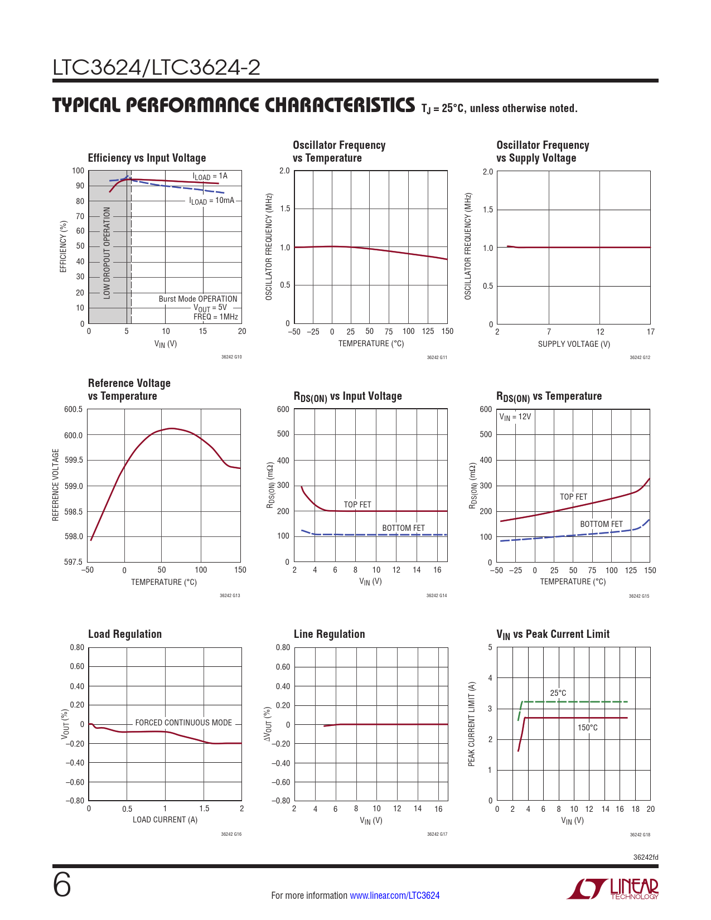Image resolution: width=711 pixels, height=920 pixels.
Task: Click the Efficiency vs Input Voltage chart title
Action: tap(147, 158)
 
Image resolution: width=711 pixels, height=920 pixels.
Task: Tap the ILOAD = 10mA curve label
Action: tap(212, 201)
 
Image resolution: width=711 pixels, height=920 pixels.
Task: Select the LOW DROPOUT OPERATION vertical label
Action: tap(107, 253)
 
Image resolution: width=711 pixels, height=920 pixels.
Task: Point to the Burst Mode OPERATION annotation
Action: tap(198, 299)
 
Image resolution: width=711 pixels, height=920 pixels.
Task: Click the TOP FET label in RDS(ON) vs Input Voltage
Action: tap(357, 505)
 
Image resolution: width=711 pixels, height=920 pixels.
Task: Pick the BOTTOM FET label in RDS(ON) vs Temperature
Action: tap(601, 524)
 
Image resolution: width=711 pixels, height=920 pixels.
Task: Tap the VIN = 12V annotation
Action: tap(515, 417)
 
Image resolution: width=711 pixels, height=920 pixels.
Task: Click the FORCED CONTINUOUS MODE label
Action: tap(183, 723)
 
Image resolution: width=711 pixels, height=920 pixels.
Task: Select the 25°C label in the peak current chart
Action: tap(558, 693)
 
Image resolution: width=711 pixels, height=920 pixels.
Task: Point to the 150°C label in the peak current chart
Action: tap(587, 728)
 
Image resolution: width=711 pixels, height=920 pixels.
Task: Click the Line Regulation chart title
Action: tap(329, 634)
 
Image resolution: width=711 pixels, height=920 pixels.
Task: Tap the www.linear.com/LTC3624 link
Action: tap(394, 895)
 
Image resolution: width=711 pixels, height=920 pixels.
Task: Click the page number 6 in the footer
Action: tap(62, 885)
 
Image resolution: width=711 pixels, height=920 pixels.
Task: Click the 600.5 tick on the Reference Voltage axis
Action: tap(73, 409)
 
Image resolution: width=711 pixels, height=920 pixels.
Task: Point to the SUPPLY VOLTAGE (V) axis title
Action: tap(574, 344)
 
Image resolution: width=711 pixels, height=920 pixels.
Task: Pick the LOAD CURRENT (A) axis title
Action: tap(165, 820)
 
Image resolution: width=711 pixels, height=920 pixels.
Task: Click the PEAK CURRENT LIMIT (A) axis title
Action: tap(472, 724)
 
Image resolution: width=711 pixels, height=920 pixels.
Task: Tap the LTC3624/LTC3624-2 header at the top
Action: tap(157, 68)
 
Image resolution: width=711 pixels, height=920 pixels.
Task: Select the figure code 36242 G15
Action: tap(639, 596)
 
